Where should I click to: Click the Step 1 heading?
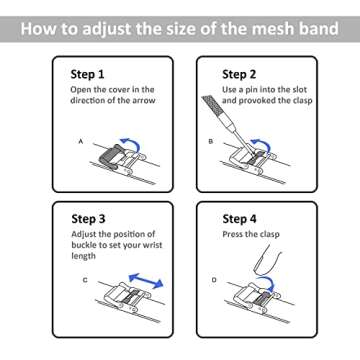click(87, 74)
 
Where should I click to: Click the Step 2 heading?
click(239, 74)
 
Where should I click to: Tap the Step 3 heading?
click(88, 219)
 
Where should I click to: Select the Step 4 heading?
click(239, 219)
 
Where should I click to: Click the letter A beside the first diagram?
click(80, 142)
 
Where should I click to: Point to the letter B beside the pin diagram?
click(211, 141)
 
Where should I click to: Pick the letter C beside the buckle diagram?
click(85, 280)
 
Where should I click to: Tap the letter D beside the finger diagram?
click(214, 280)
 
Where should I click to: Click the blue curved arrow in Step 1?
click(132, 141)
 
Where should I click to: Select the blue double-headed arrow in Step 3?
click(146, 281)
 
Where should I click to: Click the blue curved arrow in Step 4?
click(268, 282)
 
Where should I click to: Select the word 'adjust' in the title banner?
click(106, 29)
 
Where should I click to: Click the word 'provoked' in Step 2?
click(256, 101)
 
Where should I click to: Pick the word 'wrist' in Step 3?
click(152, 245)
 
